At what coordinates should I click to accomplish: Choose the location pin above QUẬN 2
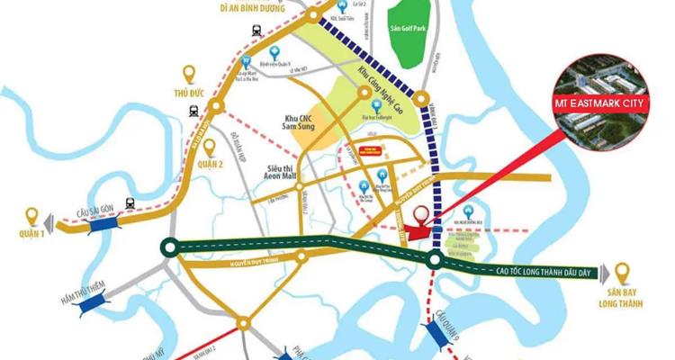tap(209, 148)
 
